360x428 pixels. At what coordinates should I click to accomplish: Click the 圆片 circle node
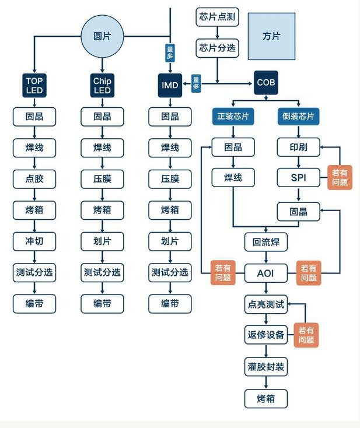coord(102,36)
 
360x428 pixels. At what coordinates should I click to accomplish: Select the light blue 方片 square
coord(271,36)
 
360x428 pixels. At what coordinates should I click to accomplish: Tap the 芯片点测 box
coord(217,17)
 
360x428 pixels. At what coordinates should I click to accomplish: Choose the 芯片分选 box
coord(217,48)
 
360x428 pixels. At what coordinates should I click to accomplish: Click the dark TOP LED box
coord(34,85)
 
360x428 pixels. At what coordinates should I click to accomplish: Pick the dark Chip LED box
coord(102,85)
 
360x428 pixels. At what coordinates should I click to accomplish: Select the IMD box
coord(170,85)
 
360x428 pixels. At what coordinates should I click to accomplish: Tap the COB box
coord(265,83)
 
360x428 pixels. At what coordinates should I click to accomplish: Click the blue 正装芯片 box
coord(233,117)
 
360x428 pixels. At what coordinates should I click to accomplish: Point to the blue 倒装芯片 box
coord(298,117)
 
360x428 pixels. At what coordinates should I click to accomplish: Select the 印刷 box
coord(298,147)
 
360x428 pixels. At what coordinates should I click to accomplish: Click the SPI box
coord(298,178)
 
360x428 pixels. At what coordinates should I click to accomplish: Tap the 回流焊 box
coord(265,242)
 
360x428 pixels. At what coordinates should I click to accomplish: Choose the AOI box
coord(265,273)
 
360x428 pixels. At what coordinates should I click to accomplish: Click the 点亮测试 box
coord(265,304)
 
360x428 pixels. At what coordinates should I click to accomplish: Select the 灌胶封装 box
coord(265,367)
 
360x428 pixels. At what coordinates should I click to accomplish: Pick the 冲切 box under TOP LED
coord(34,241)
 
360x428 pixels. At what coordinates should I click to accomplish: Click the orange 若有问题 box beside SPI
coord(340,177)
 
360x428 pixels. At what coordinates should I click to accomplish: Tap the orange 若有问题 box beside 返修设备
coord(306,335)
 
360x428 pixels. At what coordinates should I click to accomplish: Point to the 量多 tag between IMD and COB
coord(196,83)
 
